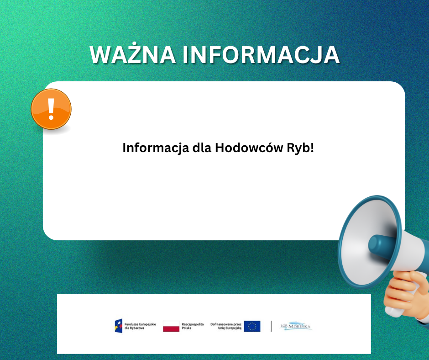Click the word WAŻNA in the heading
133,54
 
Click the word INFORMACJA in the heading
261,55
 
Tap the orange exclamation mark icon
51,109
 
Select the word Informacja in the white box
156,148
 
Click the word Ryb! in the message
300,148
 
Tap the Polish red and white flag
171,326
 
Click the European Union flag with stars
252,326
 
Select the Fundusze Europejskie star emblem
119,326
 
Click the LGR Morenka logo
296,326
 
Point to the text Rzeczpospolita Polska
193,326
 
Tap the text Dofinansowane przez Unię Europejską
226,326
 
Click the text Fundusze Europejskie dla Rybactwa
140,326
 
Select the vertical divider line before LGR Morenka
271,326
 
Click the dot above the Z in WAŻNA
134,43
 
